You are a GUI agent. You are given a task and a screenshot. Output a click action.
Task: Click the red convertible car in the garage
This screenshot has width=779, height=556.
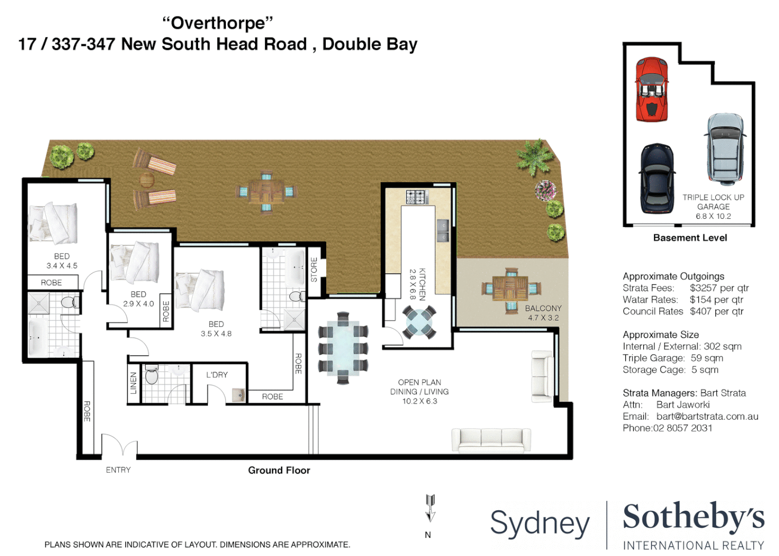coord(651,90)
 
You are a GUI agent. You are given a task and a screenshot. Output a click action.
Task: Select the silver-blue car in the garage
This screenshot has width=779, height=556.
coord(725,149)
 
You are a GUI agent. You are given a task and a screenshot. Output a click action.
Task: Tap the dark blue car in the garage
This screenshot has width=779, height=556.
coord(657,178)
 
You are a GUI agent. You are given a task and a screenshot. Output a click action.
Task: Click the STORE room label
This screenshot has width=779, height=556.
coord(314,269)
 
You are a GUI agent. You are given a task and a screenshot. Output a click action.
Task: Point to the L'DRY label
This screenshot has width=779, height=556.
coord(217,375)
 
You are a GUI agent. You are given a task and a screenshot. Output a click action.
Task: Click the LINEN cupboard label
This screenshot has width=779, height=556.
coord(134,383)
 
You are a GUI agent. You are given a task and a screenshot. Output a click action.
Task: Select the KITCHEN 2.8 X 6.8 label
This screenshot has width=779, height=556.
coord(417,284)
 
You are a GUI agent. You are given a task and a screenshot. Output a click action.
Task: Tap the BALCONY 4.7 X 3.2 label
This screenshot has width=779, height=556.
coord(543,312)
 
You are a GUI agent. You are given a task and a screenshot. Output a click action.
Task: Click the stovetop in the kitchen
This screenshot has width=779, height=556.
coord(417,197)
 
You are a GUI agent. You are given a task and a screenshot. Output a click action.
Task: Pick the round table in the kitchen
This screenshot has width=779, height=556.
coord(419,322)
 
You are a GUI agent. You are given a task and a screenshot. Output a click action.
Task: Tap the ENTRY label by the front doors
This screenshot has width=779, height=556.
coord(118,470)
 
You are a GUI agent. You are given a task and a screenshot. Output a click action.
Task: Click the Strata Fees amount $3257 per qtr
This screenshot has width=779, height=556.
coord(719,288)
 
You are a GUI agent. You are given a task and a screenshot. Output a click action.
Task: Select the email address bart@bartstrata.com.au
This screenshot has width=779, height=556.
coord(707,416)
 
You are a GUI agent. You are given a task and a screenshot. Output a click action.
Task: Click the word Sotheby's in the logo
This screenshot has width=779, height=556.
coord(693,517)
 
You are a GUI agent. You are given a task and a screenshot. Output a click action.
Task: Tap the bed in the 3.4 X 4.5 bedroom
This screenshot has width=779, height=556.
coord(53,223)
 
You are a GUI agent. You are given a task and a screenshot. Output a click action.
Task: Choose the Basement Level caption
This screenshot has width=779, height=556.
coord(689,238)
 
